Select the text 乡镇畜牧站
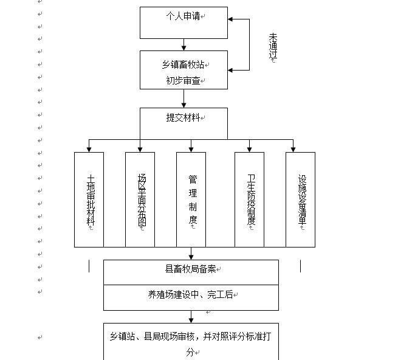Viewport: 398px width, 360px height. (x=184, y=65)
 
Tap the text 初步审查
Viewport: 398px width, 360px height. (x=184, y=80)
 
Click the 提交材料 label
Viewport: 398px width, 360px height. (x=184, y=117)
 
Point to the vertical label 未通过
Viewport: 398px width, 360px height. (x=273, y=46)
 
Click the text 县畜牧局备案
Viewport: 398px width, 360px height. (x=190, y=269)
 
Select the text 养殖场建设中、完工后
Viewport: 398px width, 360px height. (x=190, y=295)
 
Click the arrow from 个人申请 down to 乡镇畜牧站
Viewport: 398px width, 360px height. (x=184, y=45)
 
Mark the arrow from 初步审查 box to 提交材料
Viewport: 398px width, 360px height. (x=184, y=99)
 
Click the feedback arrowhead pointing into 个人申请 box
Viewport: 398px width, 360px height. (x=230, y=19)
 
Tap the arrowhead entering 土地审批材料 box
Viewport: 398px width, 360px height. (x=89, y=150)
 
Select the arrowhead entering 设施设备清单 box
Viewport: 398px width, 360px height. (x=293, y=150)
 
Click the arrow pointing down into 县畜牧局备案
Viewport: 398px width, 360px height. (x=191, y=254)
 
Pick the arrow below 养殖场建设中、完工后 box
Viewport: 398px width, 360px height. (x=191, y=317)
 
